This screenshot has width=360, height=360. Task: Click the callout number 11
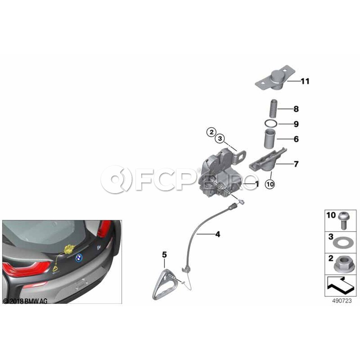coord(305,81)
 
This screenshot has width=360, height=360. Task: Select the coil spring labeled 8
coord(273,109)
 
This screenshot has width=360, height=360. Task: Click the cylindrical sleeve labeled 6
coord(270,139)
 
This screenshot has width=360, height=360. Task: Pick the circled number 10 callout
coord(270,184)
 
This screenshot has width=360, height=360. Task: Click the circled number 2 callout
coord(211,132)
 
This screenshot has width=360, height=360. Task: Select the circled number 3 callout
coord(220,139)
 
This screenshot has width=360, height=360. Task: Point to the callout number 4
coord(218,234)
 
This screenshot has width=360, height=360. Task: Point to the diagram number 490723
coord(342,301)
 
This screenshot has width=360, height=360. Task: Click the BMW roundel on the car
coord(79,258)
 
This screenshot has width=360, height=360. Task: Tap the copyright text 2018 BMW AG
coord(25,301)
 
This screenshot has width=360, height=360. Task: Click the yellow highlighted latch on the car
coord(69,249)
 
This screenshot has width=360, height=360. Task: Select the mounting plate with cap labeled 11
coord(275,78)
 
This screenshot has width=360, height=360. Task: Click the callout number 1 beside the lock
coord(257,184)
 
